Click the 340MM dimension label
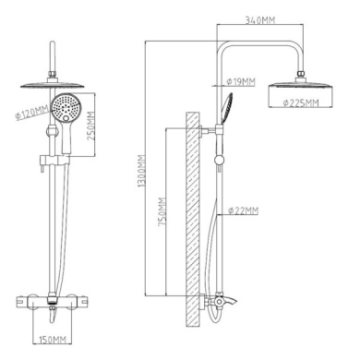[x=260, y=20]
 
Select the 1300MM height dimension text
[x=142, y=171]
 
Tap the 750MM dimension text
[x=162, y=212]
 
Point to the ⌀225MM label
[x=301, y=102]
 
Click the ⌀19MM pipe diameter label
[x=241, y=82]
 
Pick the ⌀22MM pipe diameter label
[x=243, y=210]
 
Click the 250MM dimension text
[x=90, y=126]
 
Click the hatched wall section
[x=193, y=218]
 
